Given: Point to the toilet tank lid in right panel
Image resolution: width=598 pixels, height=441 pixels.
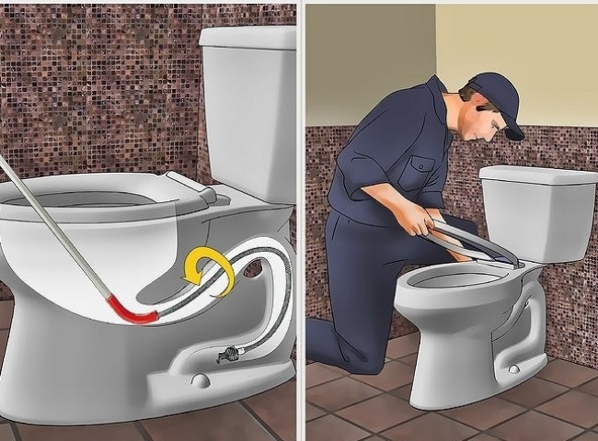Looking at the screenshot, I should click(538, 174).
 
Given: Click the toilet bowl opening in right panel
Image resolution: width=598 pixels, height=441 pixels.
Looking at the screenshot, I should click(446, 277).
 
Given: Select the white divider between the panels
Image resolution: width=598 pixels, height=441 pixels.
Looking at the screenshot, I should click(301, 220).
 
